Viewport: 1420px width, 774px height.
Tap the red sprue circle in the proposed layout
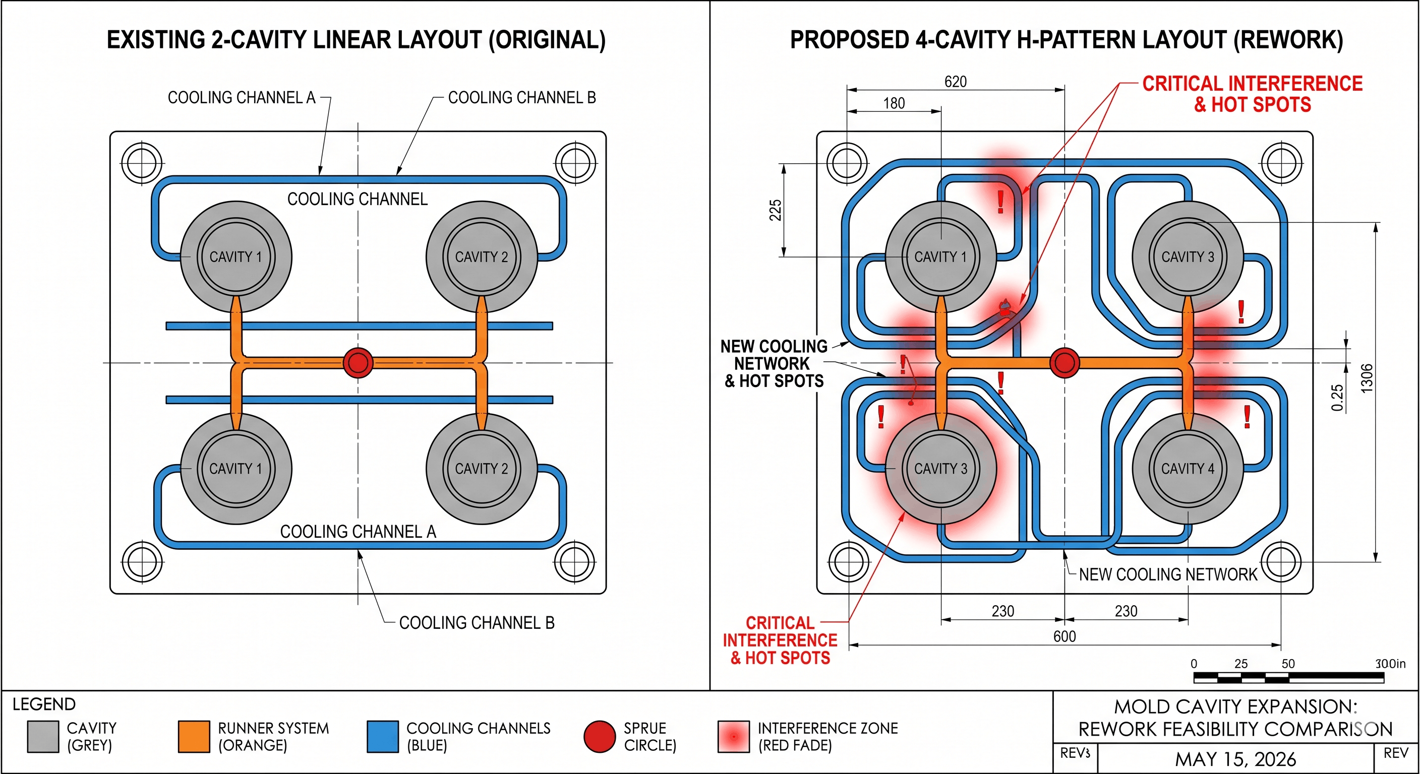point(1064,362)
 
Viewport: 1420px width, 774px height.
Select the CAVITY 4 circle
point(1188,468)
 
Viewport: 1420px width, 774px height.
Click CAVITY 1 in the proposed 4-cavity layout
point(940,256)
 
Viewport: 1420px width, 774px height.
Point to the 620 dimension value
point(955,82)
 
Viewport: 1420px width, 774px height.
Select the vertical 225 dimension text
point(775,210)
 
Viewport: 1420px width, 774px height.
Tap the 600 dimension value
point(1064,636)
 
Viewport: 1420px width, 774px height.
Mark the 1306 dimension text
point(1366,378)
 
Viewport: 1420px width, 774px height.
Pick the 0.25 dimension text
point(1337,398)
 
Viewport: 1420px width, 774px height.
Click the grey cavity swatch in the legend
point(43,737)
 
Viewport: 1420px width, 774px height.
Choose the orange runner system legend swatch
point(194,737)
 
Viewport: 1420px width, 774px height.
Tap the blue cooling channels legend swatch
point(383,737)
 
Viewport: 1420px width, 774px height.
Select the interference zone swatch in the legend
point(734,737)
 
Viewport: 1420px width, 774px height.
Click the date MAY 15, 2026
point(1235,759)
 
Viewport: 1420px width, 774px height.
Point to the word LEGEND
point(44,704)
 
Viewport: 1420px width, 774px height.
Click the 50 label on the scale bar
point(1288,663)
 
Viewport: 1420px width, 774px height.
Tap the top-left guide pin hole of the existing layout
point(142,163)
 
